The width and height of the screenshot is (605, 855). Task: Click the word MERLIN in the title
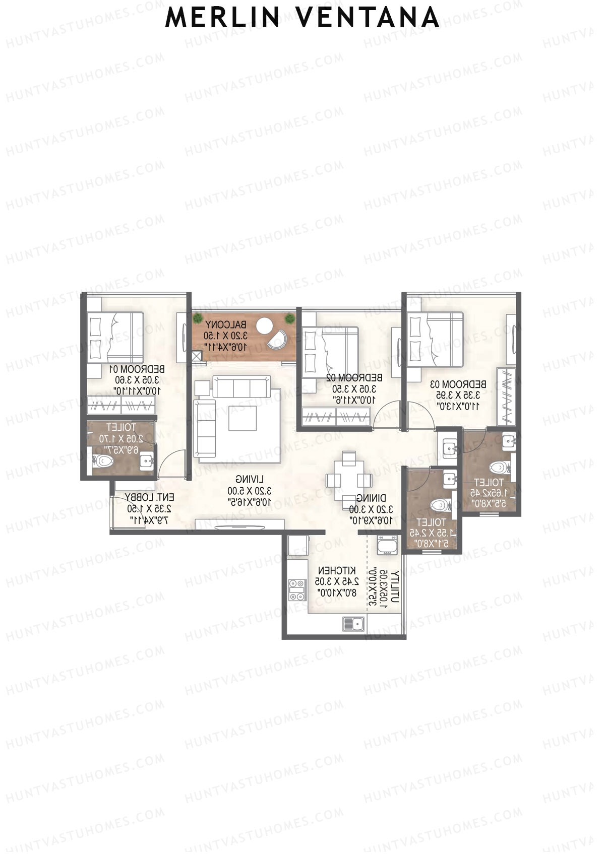pyautogui.click(x=222, y=18)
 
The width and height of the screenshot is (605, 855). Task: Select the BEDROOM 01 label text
pyautogui.click(x=137, y=369)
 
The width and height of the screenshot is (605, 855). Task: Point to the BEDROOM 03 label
pyautogui.click(x=458, y=384)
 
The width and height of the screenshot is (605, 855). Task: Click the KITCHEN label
pyautogui.click(x=336, y=570)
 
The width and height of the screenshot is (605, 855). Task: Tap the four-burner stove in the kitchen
pyautogui.click(x=297, y=590)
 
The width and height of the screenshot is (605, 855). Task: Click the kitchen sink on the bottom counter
pyautogui.click(x=354, y=624)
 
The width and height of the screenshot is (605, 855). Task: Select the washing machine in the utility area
pyautogui.click(x=387, y=545)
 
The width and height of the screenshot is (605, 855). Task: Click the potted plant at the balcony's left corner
pyautogui.click(x=197, y=318)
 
